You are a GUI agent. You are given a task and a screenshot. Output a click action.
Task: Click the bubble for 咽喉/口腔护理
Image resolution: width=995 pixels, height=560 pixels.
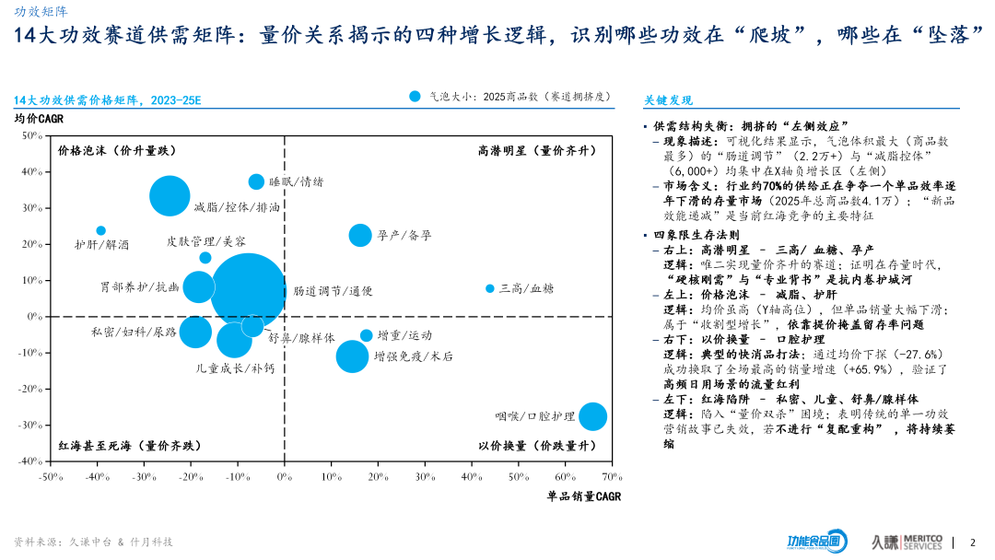tap(591, 416)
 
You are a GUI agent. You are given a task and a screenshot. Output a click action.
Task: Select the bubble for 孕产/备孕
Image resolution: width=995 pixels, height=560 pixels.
tap(360, 235)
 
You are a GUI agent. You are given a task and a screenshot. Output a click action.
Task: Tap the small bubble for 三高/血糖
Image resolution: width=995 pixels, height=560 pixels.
tap(490, 288)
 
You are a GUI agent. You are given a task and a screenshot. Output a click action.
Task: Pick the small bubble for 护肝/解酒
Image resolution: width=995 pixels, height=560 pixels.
tap(100, 230)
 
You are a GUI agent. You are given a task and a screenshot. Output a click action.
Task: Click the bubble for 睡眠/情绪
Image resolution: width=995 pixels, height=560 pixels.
tap(256, 181)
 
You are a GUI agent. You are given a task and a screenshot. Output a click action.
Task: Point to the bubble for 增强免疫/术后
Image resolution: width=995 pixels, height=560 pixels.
tap(351, 356)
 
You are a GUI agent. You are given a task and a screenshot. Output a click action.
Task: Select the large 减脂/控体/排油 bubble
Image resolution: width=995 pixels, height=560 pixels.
tap(170, 196)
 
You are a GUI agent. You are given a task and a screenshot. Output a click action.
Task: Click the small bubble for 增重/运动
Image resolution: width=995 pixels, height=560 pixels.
tap(367, 335)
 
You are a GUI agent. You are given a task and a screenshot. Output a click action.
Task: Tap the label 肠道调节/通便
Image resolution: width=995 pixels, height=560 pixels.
tap(333, 291)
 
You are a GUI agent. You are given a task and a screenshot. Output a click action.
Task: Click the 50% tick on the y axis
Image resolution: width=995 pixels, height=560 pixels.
tap(31, 136)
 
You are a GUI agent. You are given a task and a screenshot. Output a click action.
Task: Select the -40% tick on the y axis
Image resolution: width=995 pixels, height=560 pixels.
tap(29, 461)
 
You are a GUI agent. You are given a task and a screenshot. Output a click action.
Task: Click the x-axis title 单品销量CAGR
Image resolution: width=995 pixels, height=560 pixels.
tap(583, 496)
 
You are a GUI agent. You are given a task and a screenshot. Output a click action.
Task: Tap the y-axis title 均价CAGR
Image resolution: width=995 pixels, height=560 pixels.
tap(39, 118)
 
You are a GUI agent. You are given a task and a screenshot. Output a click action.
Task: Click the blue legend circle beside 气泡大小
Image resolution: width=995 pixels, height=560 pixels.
tap(416, 96)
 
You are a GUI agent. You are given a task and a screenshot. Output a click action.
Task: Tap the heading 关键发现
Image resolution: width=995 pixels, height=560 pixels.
tap(668, 100)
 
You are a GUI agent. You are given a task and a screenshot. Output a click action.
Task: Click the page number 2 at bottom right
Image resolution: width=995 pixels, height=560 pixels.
tap(973, 542)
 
